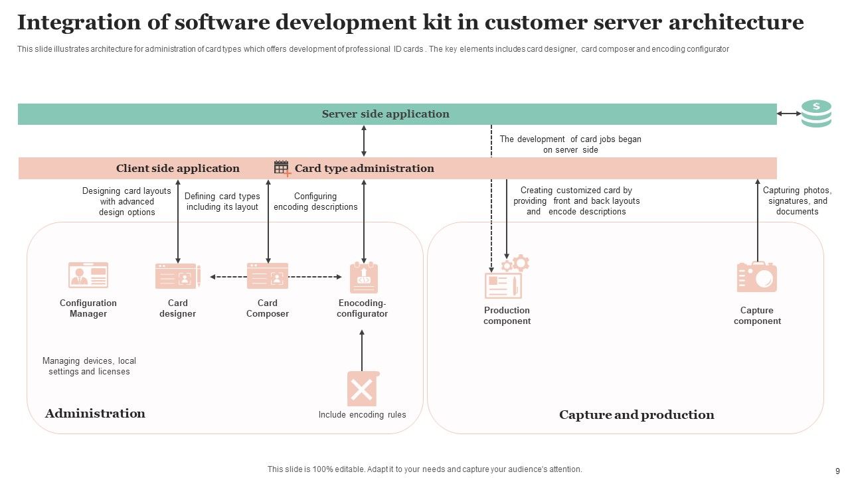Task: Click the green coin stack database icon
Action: click(816, 114)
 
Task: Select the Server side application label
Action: click(385, 114)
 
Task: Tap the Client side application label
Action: click(177, 169)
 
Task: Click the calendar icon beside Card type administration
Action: click(282, 168)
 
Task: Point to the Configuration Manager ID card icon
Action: click(88, 275)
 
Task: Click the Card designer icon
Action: click(177, 276)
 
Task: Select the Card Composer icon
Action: click(268, 276)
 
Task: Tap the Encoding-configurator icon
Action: click(363, 278)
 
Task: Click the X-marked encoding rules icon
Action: click(363, 389)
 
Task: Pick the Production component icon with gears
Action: click(506, 278)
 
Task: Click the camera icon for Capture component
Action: click(756, 278)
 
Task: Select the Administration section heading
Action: click(95, 414)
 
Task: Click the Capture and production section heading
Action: click(636, 415)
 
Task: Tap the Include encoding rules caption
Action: click(362, 415)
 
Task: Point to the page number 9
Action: click(837, 469)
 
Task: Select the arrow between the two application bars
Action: click(363, 141)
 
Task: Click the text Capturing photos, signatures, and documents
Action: click(797, 200)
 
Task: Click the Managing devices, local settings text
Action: click(89, 366)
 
